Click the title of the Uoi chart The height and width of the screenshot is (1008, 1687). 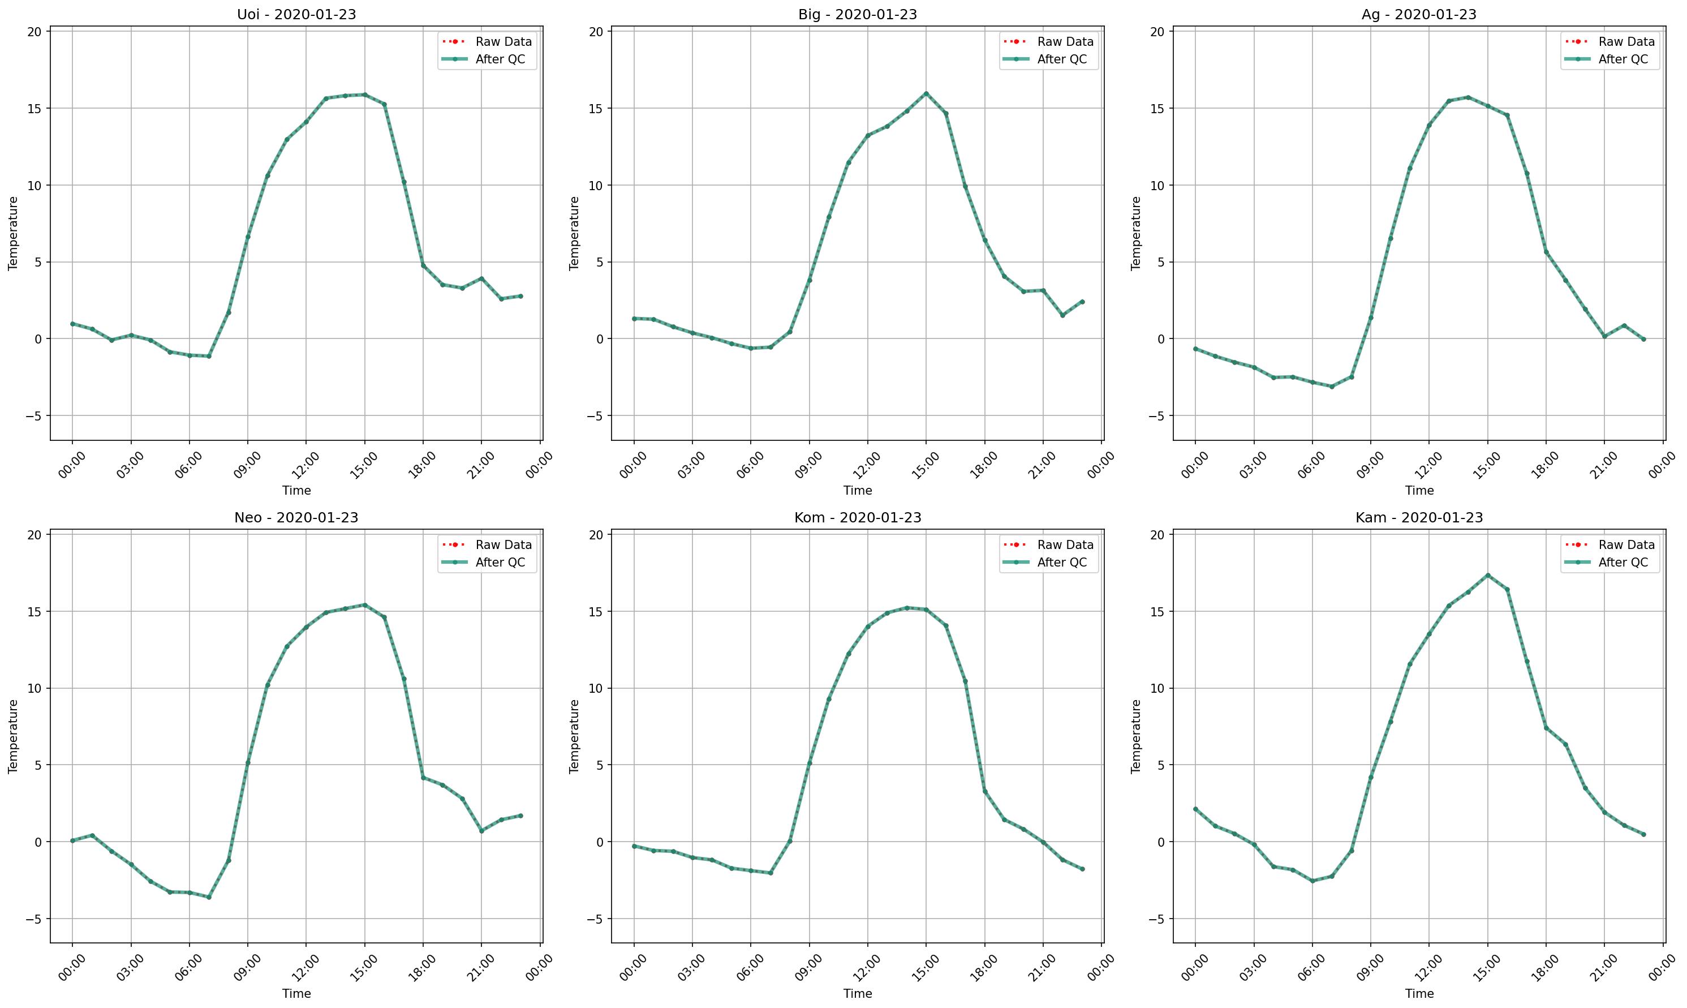click(x=296, y=14)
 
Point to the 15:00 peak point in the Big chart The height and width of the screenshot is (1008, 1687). click(x=926, y=94)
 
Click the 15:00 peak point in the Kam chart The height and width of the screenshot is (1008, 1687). click(x=1487, y=576)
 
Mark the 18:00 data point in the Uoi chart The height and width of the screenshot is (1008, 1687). click(x=423, y=265)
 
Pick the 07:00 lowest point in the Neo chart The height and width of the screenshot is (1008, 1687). click(x=209, y=897)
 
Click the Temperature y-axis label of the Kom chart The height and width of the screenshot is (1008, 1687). click(x=574, y=736)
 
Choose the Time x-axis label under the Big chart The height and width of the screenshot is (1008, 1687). click(x=858, y=490)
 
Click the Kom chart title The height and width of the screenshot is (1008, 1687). click(x=858, y=518)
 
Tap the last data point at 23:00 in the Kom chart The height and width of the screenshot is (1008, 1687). click(x=1082, y=869)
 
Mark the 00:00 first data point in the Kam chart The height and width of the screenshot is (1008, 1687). click(x=1195, y=809)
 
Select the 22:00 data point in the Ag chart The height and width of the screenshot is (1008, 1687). click(x=1624, y=325)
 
